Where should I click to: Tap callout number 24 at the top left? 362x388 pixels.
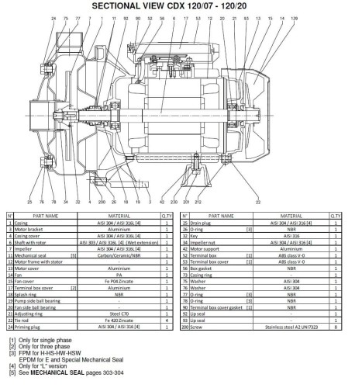pos(33,16)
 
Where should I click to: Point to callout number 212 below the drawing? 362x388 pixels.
pos(198,200)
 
